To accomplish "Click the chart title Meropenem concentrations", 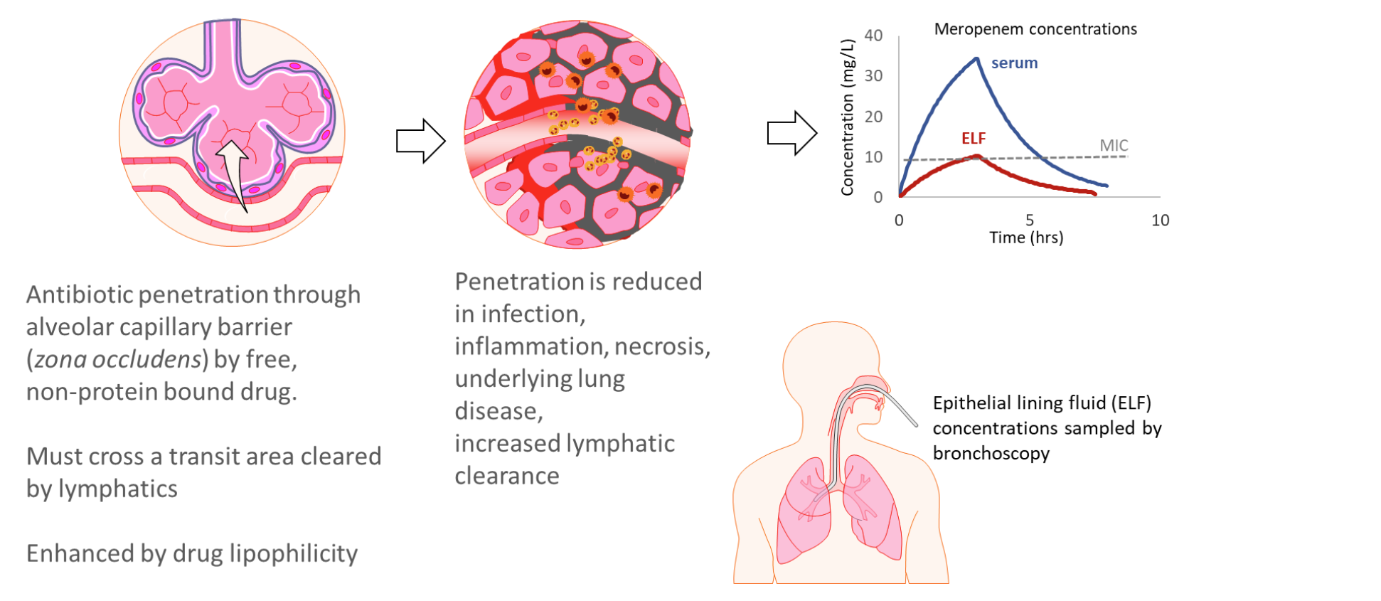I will [1035, 29].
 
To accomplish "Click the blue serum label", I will [1014, 63].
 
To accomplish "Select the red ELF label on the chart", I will [974, 139].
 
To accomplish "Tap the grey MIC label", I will [1114, 146].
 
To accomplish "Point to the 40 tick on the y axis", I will [873, 36].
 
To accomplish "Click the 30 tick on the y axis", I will [873, 76].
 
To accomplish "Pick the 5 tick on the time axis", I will [1030, 220].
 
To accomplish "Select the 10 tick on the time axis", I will [1160, 220].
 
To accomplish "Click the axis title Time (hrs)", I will [1026, 238].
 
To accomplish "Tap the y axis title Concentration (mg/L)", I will [847, 117].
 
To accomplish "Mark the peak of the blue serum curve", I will [977, 59].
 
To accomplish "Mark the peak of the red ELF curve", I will [977, 156].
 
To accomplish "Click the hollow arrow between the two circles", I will [420, 141].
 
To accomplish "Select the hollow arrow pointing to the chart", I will [791, 133].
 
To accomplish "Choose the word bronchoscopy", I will [991, 454].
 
